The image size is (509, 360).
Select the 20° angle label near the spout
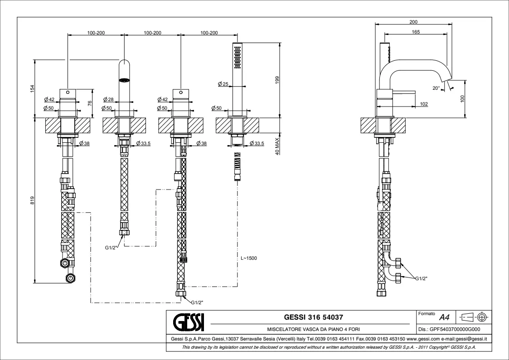point(436,88)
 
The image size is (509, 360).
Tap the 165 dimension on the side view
point(416,32)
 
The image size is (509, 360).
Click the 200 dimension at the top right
point(413,22)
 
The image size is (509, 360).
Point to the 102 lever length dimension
point(424,104)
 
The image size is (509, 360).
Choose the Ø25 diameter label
point(222,84)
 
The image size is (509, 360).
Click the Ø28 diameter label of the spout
point(107,99)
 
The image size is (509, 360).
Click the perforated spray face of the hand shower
point(237,57)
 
